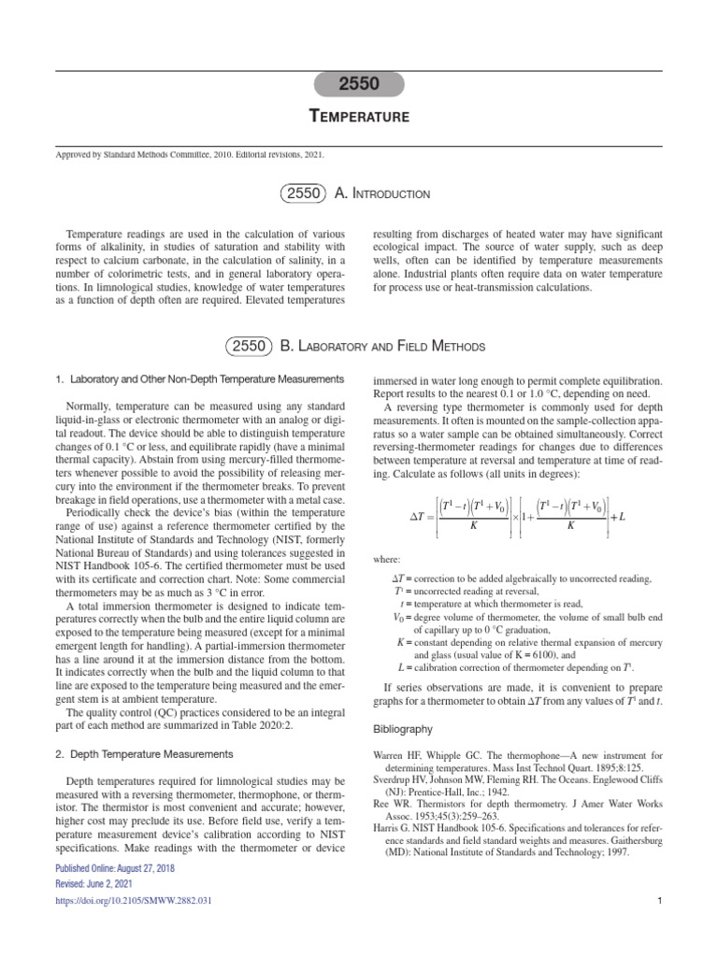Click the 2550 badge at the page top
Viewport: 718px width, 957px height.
tap(358, 84)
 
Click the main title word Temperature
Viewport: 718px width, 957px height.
tap(359, 117)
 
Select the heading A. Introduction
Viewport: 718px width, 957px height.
tap(382, 193)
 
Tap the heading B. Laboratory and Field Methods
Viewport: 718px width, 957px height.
tap(383, 347)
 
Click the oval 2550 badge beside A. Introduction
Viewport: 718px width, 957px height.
tap(304, 193)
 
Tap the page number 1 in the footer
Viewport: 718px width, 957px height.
tap(660, 901)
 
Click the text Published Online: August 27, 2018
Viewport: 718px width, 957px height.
tap(117, 867)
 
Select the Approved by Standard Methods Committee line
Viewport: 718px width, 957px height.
tap(190, 156)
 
